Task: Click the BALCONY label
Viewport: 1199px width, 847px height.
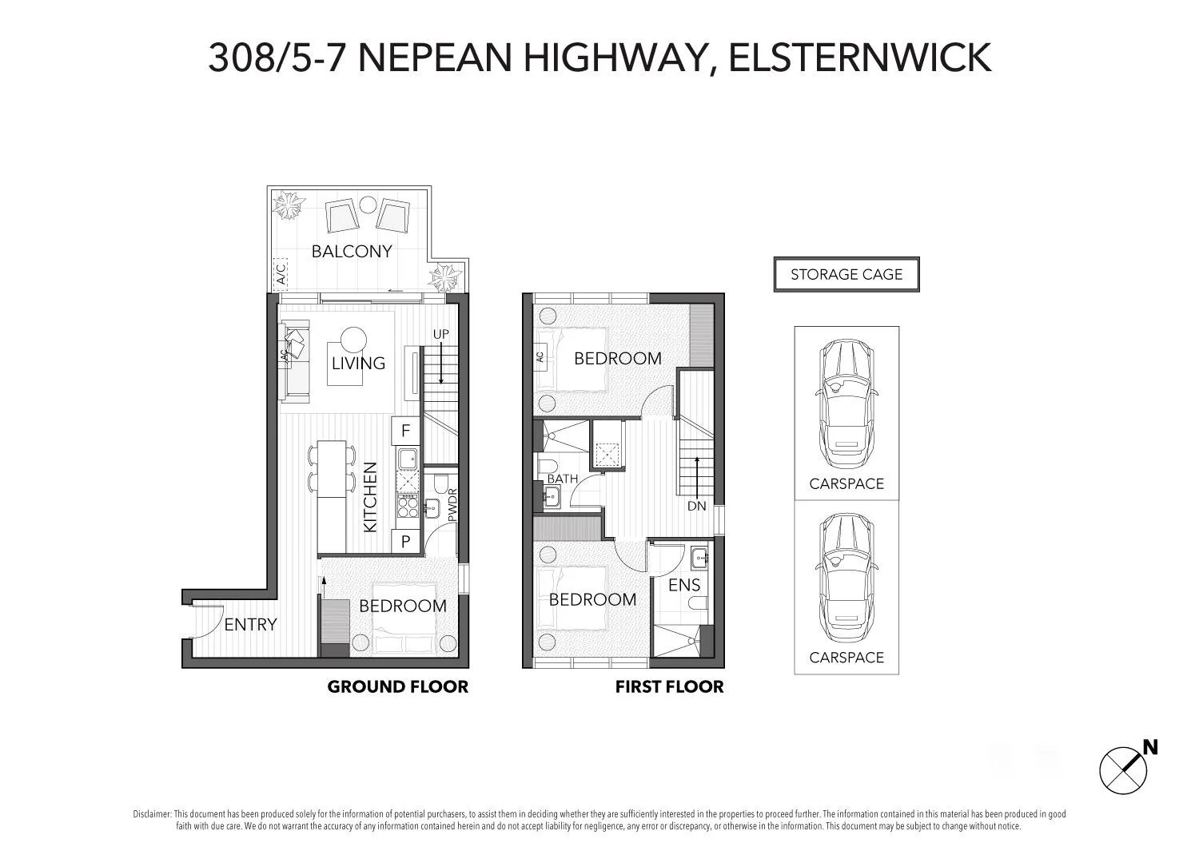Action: tap(352, 251)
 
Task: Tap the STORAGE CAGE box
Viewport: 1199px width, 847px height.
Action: tap(846, 274)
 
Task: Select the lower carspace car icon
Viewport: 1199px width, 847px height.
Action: tap(846, 579)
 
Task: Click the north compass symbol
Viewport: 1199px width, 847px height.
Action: tap(1123, 770)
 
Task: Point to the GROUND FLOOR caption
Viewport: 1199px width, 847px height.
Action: tap(397, 687)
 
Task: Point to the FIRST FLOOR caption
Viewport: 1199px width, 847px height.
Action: tap(669, 687)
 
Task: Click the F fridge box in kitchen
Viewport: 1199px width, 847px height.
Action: tap(405, 431)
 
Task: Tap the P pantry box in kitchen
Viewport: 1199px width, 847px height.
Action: tap(405, 541)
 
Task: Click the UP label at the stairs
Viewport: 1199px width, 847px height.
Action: tap(440, 333)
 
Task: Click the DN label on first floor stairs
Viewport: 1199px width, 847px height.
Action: tap(696, 506)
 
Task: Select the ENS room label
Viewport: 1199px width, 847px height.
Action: tap(684, 586)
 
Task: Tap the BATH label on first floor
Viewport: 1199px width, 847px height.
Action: tap(563, 479)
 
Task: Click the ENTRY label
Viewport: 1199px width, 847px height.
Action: tap(250, 625)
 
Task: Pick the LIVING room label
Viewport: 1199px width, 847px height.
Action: tap(359, 364)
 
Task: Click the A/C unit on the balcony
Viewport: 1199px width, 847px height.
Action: tap(281, 274)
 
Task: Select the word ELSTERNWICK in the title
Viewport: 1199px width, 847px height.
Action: tap(860, 58)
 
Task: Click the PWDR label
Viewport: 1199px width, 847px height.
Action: tap(452, 506)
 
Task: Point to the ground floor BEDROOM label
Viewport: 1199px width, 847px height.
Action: tap(403, 606)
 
